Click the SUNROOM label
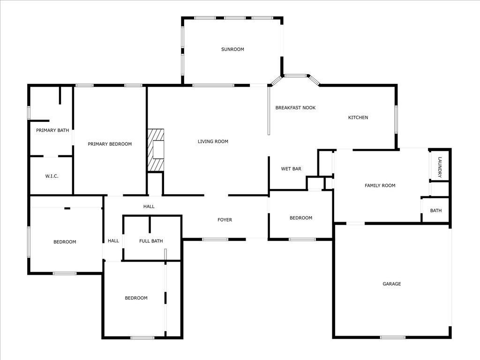[232, 49]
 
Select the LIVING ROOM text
[213, 142]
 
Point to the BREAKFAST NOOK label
[295, 108]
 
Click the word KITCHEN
[358, 118]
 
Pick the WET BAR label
[291, 169]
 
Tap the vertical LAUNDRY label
[440, 167]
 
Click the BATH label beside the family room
[436, 211]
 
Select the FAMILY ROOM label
[380, 186]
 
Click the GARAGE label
[392, 284]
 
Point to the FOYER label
[225, 220]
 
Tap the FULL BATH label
[151, 241]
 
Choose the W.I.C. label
[52, 176]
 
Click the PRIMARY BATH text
[52, 130]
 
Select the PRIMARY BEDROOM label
[110, 144]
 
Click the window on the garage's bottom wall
[392, 337]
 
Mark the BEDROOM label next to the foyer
[300, 218]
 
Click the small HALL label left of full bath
[113, 241]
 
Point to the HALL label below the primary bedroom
[149, 207]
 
